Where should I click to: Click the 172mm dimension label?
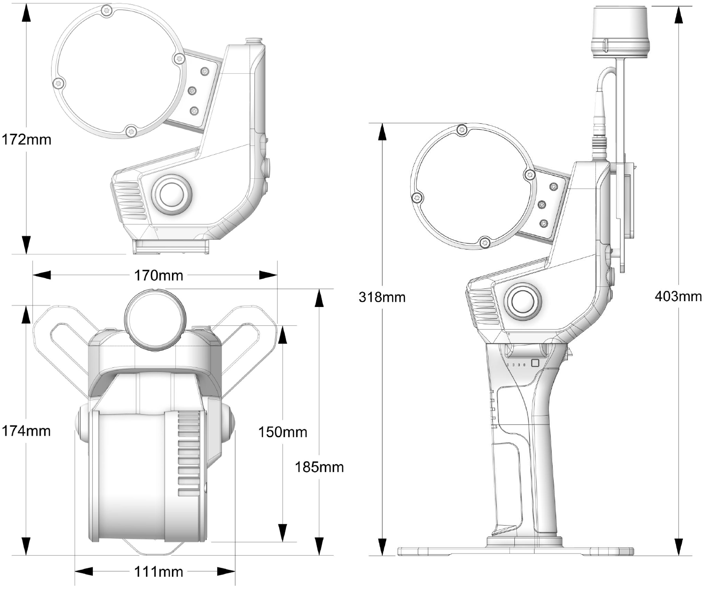coord(27,139)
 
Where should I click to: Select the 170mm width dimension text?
coord(159,275)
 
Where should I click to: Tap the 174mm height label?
coord(26,431)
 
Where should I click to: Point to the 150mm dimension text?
coord(282,432)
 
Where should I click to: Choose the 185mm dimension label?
coord(319,467)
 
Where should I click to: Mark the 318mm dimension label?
coord(382,297)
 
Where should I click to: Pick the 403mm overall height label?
coord(678,296)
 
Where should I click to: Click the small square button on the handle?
coord(535,363)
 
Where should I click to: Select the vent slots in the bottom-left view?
coord(189,452)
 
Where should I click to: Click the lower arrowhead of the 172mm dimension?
coord(27,244)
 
